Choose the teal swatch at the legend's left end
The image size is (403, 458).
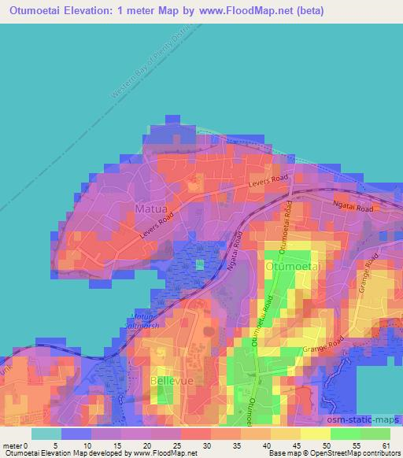point(46,434)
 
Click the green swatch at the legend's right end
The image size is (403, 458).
point(375,434)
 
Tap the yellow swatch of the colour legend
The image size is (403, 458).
point(315,434)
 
